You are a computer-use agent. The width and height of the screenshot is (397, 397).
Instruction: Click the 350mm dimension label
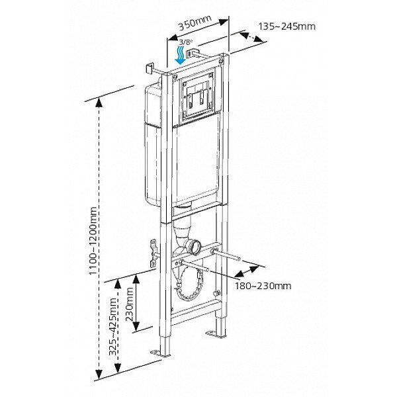(x=193, y=25)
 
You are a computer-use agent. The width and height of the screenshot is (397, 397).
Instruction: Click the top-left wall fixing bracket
(x=150, y=68)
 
